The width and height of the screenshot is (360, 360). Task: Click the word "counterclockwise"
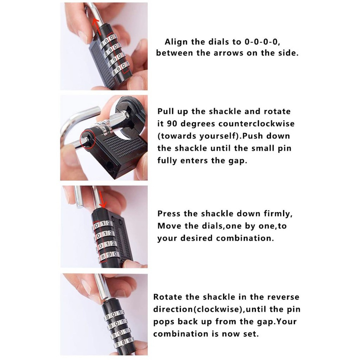click(x=256, y=123)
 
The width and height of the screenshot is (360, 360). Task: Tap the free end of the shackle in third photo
click(x=79, y=206)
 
